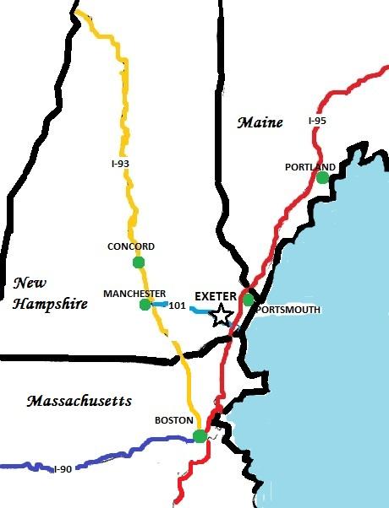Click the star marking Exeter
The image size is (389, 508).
[x=222, y=316]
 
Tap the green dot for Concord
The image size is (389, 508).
[x=139, y=262]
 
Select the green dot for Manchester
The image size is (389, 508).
[x=145, y=305]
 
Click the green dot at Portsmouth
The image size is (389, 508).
[x=248, y=299]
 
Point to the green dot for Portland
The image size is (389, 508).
[x=322, y=177]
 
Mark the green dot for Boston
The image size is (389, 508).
[x=200, y=435]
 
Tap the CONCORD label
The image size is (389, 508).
[x=131, y=246]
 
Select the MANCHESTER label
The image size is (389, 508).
[x=134, y=293]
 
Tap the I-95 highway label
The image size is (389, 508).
[x=317, y=122]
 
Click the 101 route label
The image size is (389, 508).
[x=178, y=305]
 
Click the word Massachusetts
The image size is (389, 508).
[x=78, y=400]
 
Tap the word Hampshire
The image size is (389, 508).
[x=51, y=303]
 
